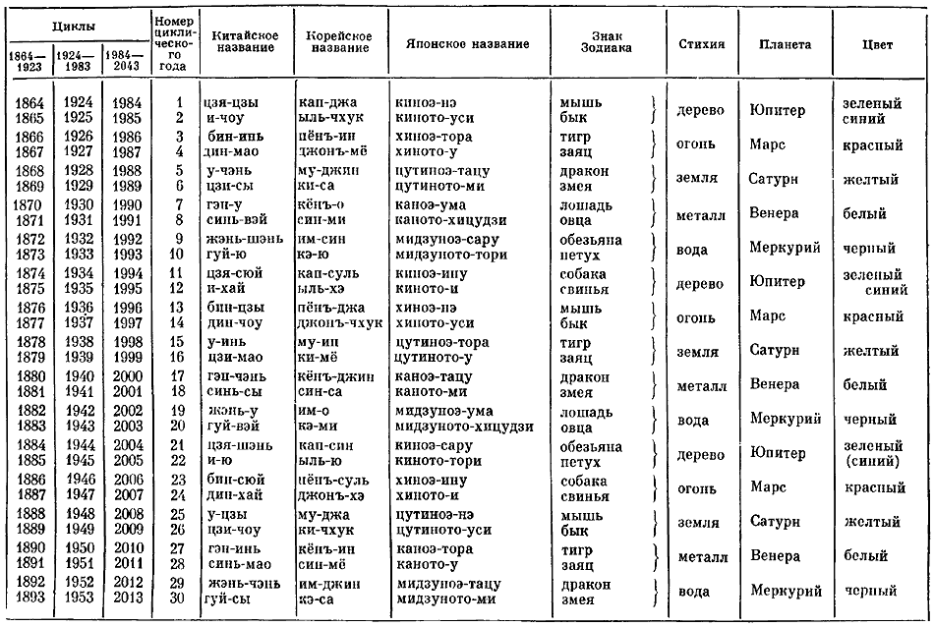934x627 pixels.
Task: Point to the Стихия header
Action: pyautogui.click(x=702, y=45)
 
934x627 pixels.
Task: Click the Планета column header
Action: pyautogui.click(x=784, y=45)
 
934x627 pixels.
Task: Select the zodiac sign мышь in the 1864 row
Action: pyautogui.click(x=581, y=102)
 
